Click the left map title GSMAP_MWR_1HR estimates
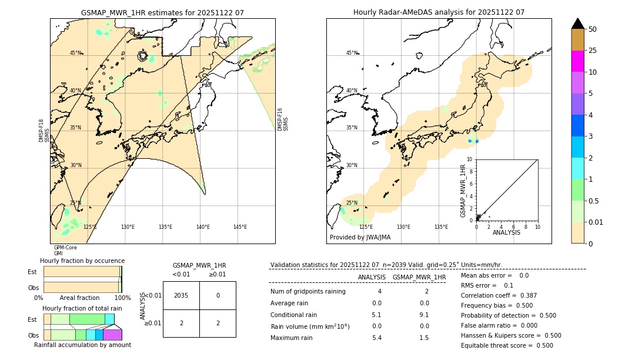(x=162, y=12)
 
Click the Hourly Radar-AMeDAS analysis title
(x=439, y=12)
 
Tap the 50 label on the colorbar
(x=593, y=29)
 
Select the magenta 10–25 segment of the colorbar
(x=577, y=61)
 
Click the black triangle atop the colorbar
(x=577, y=24)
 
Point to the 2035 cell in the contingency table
(x=181, y=295)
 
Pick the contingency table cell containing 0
(x=218, y=295)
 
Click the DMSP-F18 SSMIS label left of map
(x=44, y=131)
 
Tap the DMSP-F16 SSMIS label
(x=283, y=119)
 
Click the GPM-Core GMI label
(x=65, y=251)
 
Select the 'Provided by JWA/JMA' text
(x=360, y=238)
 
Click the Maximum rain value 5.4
(x=377, y=338)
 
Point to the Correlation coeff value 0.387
(x=522, y=295)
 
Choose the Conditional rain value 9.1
(x=424, y=315)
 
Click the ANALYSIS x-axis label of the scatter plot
(x=506, y=232)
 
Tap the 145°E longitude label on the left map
(x=240, y=227)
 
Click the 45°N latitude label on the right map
(x=352, y=53)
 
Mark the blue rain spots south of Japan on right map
(x=473, y=141)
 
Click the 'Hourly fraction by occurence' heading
(x=82, y=261)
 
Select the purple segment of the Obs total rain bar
(x=112, y=335)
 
